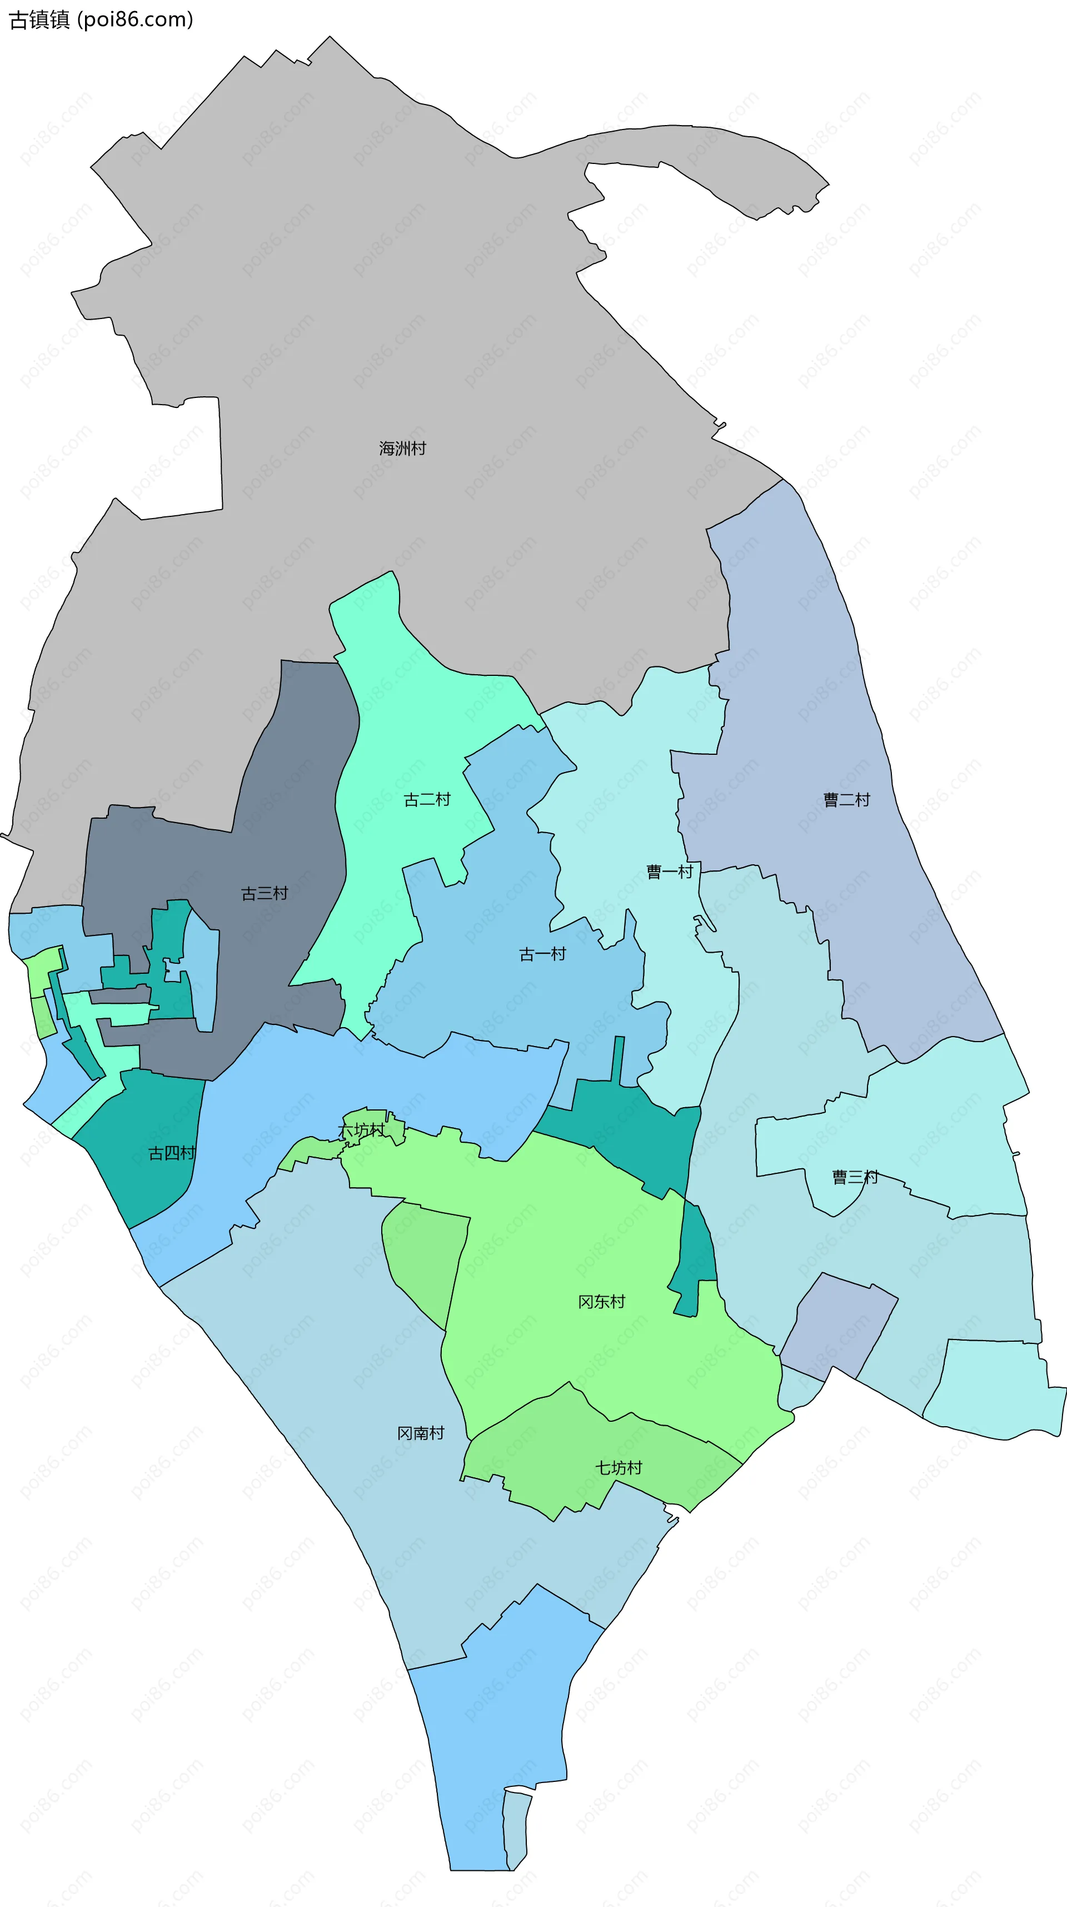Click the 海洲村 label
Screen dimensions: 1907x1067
point(402,448)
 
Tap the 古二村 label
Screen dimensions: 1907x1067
point(427,799)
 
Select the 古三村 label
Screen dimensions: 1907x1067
point(264,894)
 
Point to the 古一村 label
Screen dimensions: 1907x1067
point(542,954)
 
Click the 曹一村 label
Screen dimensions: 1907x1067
point(670,872)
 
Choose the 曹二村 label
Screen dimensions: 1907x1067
point(846,799)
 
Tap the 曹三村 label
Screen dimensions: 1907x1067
point(855,1177)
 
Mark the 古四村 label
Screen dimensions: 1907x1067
point(172,1153)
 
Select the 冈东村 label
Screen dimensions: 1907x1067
point(601,1301)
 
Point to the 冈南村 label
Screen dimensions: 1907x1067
point(420,1433)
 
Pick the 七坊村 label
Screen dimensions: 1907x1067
point(619,1468)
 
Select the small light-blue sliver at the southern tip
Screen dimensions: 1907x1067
point(516,1829)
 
